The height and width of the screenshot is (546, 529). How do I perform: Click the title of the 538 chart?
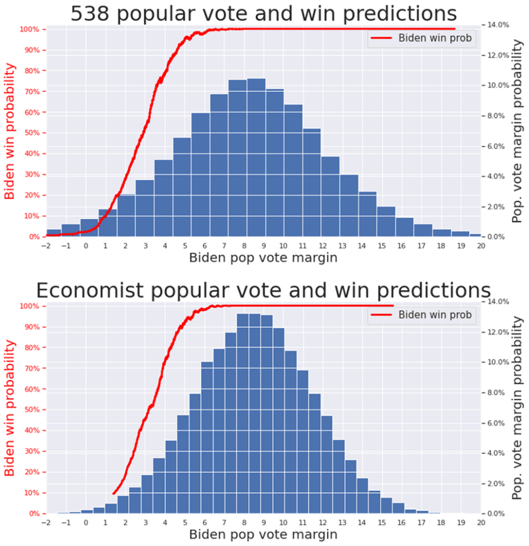coord(264,13)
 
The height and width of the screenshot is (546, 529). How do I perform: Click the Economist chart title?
coord(264,291)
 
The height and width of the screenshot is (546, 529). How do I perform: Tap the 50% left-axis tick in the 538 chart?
coord(31,133)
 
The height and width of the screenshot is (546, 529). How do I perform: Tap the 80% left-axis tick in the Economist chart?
coord(31,347)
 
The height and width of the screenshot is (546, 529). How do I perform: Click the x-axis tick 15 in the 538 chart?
coord(381,246)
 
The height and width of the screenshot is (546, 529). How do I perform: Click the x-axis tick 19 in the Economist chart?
coord(461,523)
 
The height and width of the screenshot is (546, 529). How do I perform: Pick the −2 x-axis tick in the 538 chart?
coord(46,246)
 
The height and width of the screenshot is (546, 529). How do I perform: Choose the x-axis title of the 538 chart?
coord(263,258)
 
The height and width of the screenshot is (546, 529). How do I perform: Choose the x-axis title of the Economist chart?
coord(263,535)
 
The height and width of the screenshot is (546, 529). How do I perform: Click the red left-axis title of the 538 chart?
coord(10,131)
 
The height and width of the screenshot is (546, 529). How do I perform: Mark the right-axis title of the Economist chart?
coord(517,408)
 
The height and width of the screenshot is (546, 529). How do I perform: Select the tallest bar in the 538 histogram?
coord(256,157)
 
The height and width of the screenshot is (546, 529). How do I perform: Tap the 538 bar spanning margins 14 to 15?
coord(367,213)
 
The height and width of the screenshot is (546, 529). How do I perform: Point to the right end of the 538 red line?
coord(454,29)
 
